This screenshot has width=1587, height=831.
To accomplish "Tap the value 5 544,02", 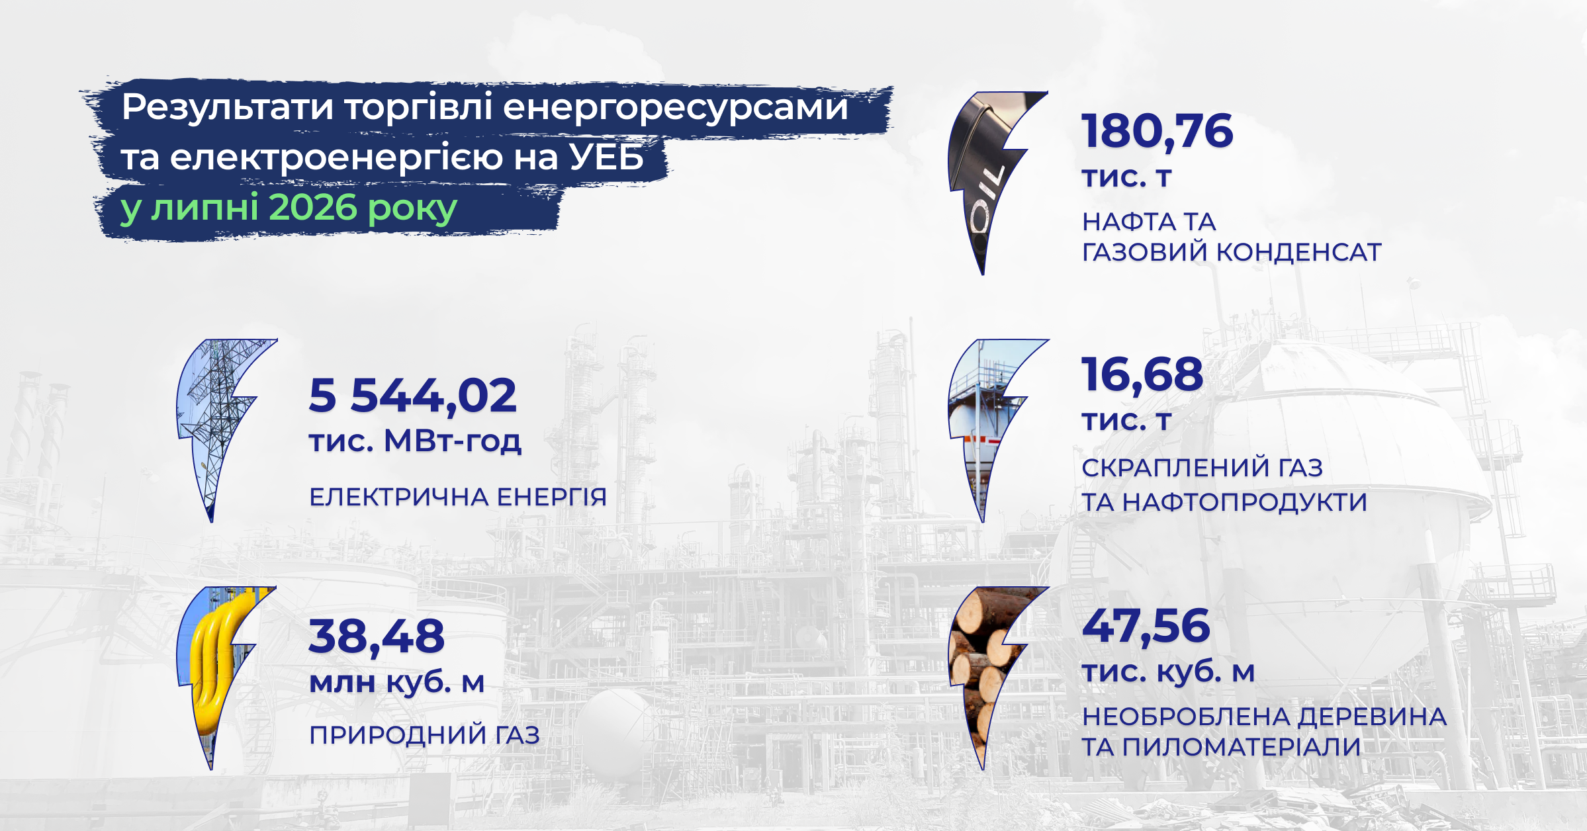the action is tap(412, 396).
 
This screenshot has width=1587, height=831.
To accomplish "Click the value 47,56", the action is tap(1146, 627).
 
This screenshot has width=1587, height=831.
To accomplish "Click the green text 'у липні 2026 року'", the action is tap(289, 208).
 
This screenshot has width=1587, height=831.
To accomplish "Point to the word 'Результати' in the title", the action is tap(227, 108).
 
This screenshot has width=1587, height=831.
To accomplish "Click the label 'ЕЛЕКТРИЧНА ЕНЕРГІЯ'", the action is tap(458, 497).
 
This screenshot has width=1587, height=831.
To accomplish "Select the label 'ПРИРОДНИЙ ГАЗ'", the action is tap(424, 735).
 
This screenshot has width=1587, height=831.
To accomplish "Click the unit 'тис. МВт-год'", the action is tap(415, 441).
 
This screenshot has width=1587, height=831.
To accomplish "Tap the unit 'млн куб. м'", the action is tap(397, 682).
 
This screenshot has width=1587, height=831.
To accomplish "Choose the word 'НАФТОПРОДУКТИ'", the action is tap(1245, 502).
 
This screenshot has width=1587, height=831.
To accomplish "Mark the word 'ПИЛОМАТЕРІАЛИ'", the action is tap(1242, 747).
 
